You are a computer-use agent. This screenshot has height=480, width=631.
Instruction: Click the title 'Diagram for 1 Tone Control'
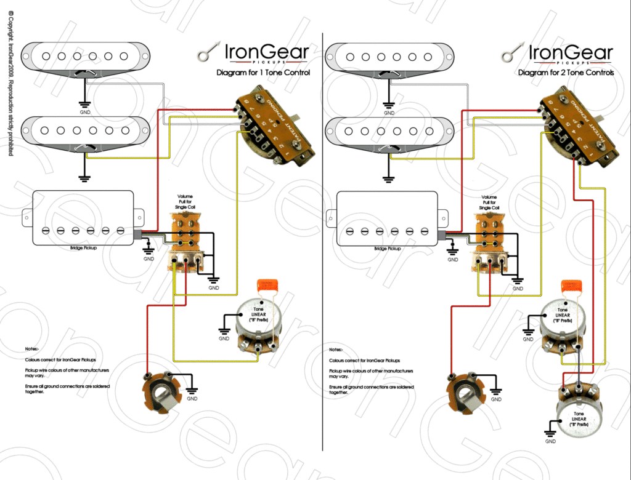tap(263, 73)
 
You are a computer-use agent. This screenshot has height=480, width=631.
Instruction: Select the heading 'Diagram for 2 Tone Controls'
tap(566, 73)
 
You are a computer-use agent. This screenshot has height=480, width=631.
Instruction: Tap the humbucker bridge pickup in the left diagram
tap(83, 218)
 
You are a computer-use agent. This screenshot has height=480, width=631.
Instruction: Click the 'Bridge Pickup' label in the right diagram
tap(387, 249)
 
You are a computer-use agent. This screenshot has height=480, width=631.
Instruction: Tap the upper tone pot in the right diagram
tap(562, 326)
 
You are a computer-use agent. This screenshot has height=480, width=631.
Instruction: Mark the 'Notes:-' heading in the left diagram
tap(32, 348)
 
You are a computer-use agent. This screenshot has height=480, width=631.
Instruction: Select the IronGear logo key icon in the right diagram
tap(513, 54)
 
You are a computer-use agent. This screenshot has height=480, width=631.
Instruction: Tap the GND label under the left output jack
tap(192, 399)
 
